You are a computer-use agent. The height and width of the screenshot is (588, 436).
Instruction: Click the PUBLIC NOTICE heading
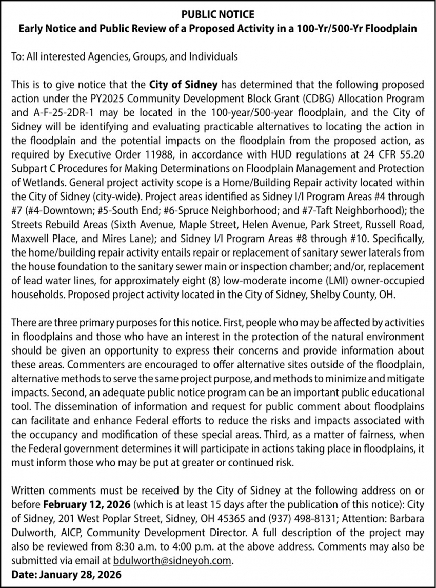point(218,15)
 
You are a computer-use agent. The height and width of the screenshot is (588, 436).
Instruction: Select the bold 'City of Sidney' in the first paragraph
point(184,84)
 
